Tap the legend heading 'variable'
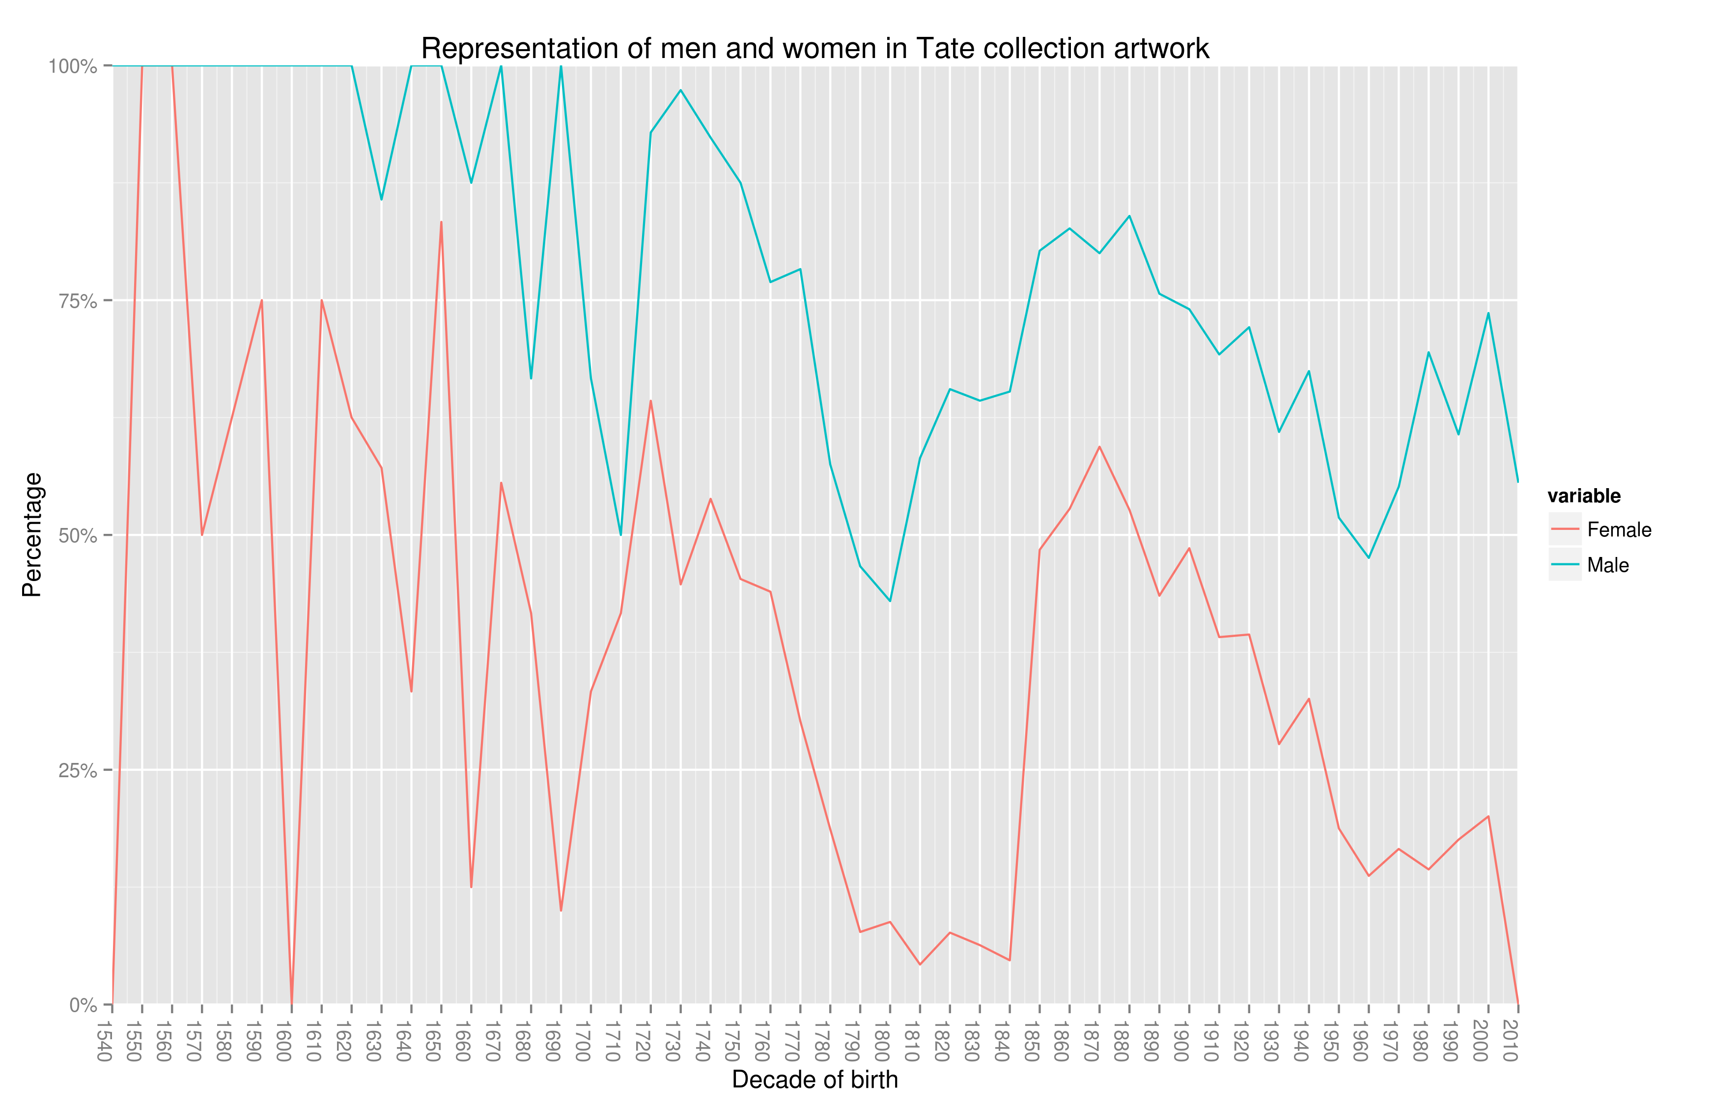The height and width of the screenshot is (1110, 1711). point(1584,496)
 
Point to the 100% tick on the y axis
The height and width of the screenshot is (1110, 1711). point(73,66)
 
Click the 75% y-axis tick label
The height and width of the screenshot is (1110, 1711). point(77,301)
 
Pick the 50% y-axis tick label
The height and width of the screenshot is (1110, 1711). point(77,536)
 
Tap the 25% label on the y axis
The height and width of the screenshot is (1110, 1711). point(77,770)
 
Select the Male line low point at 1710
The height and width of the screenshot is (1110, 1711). point(620,534)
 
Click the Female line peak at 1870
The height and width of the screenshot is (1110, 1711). point(1099,447)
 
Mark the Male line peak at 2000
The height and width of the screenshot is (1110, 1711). point(1488,313)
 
